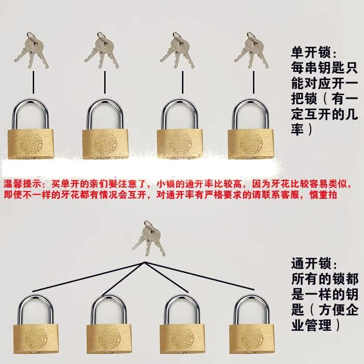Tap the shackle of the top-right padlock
click(250, 109)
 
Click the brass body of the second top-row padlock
click(105, 143)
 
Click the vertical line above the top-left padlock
click(33, 82)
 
